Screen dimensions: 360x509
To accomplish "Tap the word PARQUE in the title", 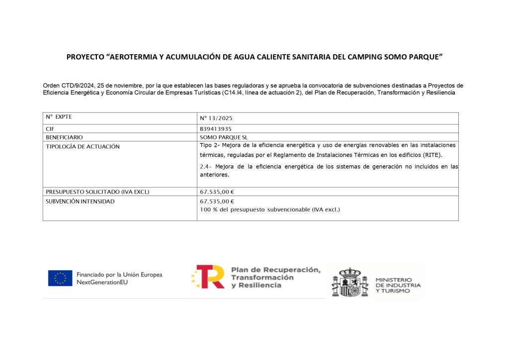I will tap(423, 57).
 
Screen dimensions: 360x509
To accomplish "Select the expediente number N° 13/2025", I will tap(216, 119).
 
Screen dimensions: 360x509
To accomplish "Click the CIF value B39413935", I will tap(216, 129).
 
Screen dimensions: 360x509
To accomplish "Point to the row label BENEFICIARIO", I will tap(64, 137).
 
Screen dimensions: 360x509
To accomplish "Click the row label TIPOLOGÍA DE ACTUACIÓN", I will tap(83, 146).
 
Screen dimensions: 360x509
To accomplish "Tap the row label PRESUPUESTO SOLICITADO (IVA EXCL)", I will tap(97, 192).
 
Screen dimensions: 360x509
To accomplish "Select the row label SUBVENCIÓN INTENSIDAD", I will tap(80, 201).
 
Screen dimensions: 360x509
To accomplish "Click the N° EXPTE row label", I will tap(59, 117).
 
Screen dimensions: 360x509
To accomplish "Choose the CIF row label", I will tap(50, 129).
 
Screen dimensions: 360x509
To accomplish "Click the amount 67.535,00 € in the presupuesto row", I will tap(217, 192).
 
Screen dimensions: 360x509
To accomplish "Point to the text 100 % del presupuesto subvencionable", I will tap(270, 210).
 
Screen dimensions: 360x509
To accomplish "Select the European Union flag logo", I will tap(60, 278).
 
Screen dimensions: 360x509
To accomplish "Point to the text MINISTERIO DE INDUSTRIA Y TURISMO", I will tap(398, 285).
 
